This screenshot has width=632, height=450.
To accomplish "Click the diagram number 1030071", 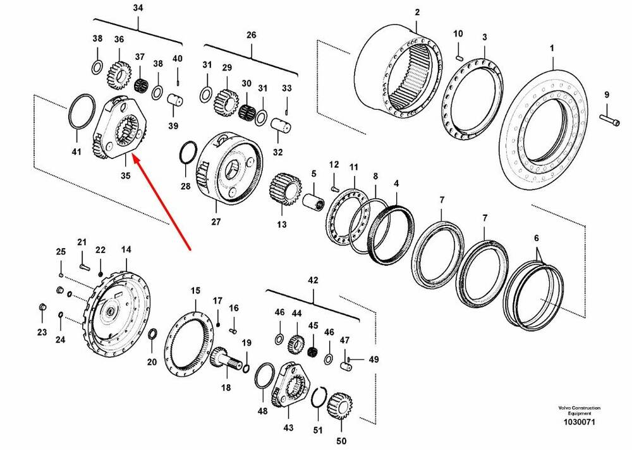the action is click(579, 422).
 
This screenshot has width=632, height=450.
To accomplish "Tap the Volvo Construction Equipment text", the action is click(579, 411).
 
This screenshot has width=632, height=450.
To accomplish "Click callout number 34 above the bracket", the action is click(138, 8).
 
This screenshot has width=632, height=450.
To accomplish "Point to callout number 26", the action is click(251, 35).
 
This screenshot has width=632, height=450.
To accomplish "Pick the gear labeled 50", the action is click(340, 406).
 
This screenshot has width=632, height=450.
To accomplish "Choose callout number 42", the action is click(313, 280).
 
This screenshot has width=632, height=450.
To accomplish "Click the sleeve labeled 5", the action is click(313, 200).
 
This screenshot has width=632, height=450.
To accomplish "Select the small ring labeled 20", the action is click(153, 334).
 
